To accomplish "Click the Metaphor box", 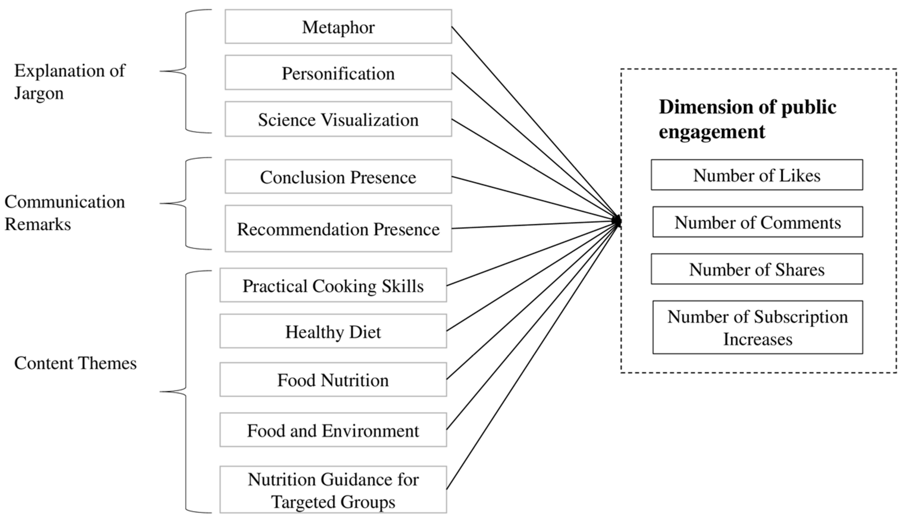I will [338, 27].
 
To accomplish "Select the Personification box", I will [338, 73].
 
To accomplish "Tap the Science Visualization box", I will [338, 119].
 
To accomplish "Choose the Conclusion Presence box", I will [338, 177].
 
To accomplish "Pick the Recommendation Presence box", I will [338, 229].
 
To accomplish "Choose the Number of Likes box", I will [757, 175].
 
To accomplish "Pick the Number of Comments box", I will [757, 222].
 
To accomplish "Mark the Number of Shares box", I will [757, 269].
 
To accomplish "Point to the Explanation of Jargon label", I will [69, 82].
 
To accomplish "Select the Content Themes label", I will [75, 363].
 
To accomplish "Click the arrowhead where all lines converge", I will [618, 221].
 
